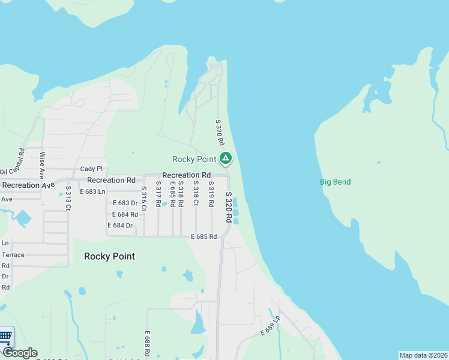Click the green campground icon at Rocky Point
point(225,158)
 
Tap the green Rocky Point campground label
point(194,159)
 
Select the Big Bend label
point(335,182)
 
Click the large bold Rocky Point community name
point(109,256)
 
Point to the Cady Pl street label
point(91,169)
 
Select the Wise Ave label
point(42,166)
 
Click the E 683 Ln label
point(92,191)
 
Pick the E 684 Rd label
point(125,214)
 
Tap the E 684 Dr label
point(120,225)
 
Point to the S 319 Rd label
point(211,194)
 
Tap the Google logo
point(20,353)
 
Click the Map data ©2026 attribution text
point(423,355)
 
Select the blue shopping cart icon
point(5,336)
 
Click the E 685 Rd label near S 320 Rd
point(203,236)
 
